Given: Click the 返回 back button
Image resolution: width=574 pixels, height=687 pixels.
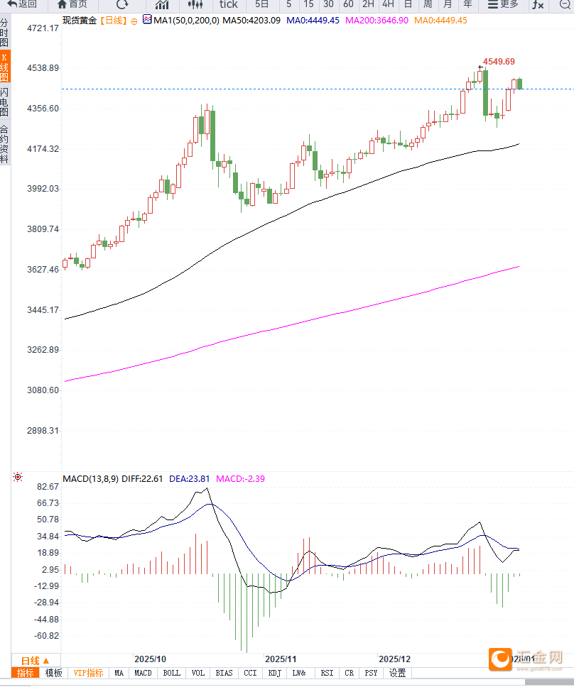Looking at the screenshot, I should pyautogui.click(x=23, y=4).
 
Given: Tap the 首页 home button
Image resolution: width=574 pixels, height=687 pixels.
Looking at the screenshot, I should pyautogui.click(x=72, y=4).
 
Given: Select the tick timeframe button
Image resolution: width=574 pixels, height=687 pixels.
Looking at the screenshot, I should pyautogui.click(x=228, y=4).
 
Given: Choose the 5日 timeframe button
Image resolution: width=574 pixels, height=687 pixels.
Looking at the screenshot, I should pyautogui.click(x=261, y=4).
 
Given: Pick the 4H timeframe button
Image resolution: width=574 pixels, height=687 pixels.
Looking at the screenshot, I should pyautogui.click(x=388, y=4).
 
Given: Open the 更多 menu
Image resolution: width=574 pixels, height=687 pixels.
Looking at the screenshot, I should pyautogui.click(x=503, y=4).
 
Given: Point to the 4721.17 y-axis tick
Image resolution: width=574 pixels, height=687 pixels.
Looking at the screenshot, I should pyautogui.click(x=43, y=28).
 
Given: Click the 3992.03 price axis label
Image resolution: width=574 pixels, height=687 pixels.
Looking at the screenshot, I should pyautogui.click(x=43, y=189).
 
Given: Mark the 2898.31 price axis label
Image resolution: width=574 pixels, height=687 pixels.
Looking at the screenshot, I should pyautogui.click(x=43, y=431).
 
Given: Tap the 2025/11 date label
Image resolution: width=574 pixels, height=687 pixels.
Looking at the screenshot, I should pyautogui.click(x=279, y=659).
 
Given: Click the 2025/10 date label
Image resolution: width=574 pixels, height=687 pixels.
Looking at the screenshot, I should pyautogui.click(x=150, y=659).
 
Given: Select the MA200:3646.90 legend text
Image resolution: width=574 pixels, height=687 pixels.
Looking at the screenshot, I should pyautogui.click(x=377, y=21).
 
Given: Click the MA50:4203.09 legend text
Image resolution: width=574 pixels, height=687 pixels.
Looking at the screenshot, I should pyautogui.click(x=251, y=21).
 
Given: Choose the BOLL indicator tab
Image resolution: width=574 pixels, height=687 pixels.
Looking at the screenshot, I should pyautogui.click(x=172, y=673).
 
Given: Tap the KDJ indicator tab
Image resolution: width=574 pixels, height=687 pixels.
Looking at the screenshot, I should pyautogui.click(x=275, y=673).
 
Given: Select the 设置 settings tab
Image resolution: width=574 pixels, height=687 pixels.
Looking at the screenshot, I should pyautogui.click(x=398, y=673).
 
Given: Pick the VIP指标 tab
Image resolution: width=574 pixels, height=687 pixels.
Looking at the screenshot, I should pyautogui.click(x=89, y=673).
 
